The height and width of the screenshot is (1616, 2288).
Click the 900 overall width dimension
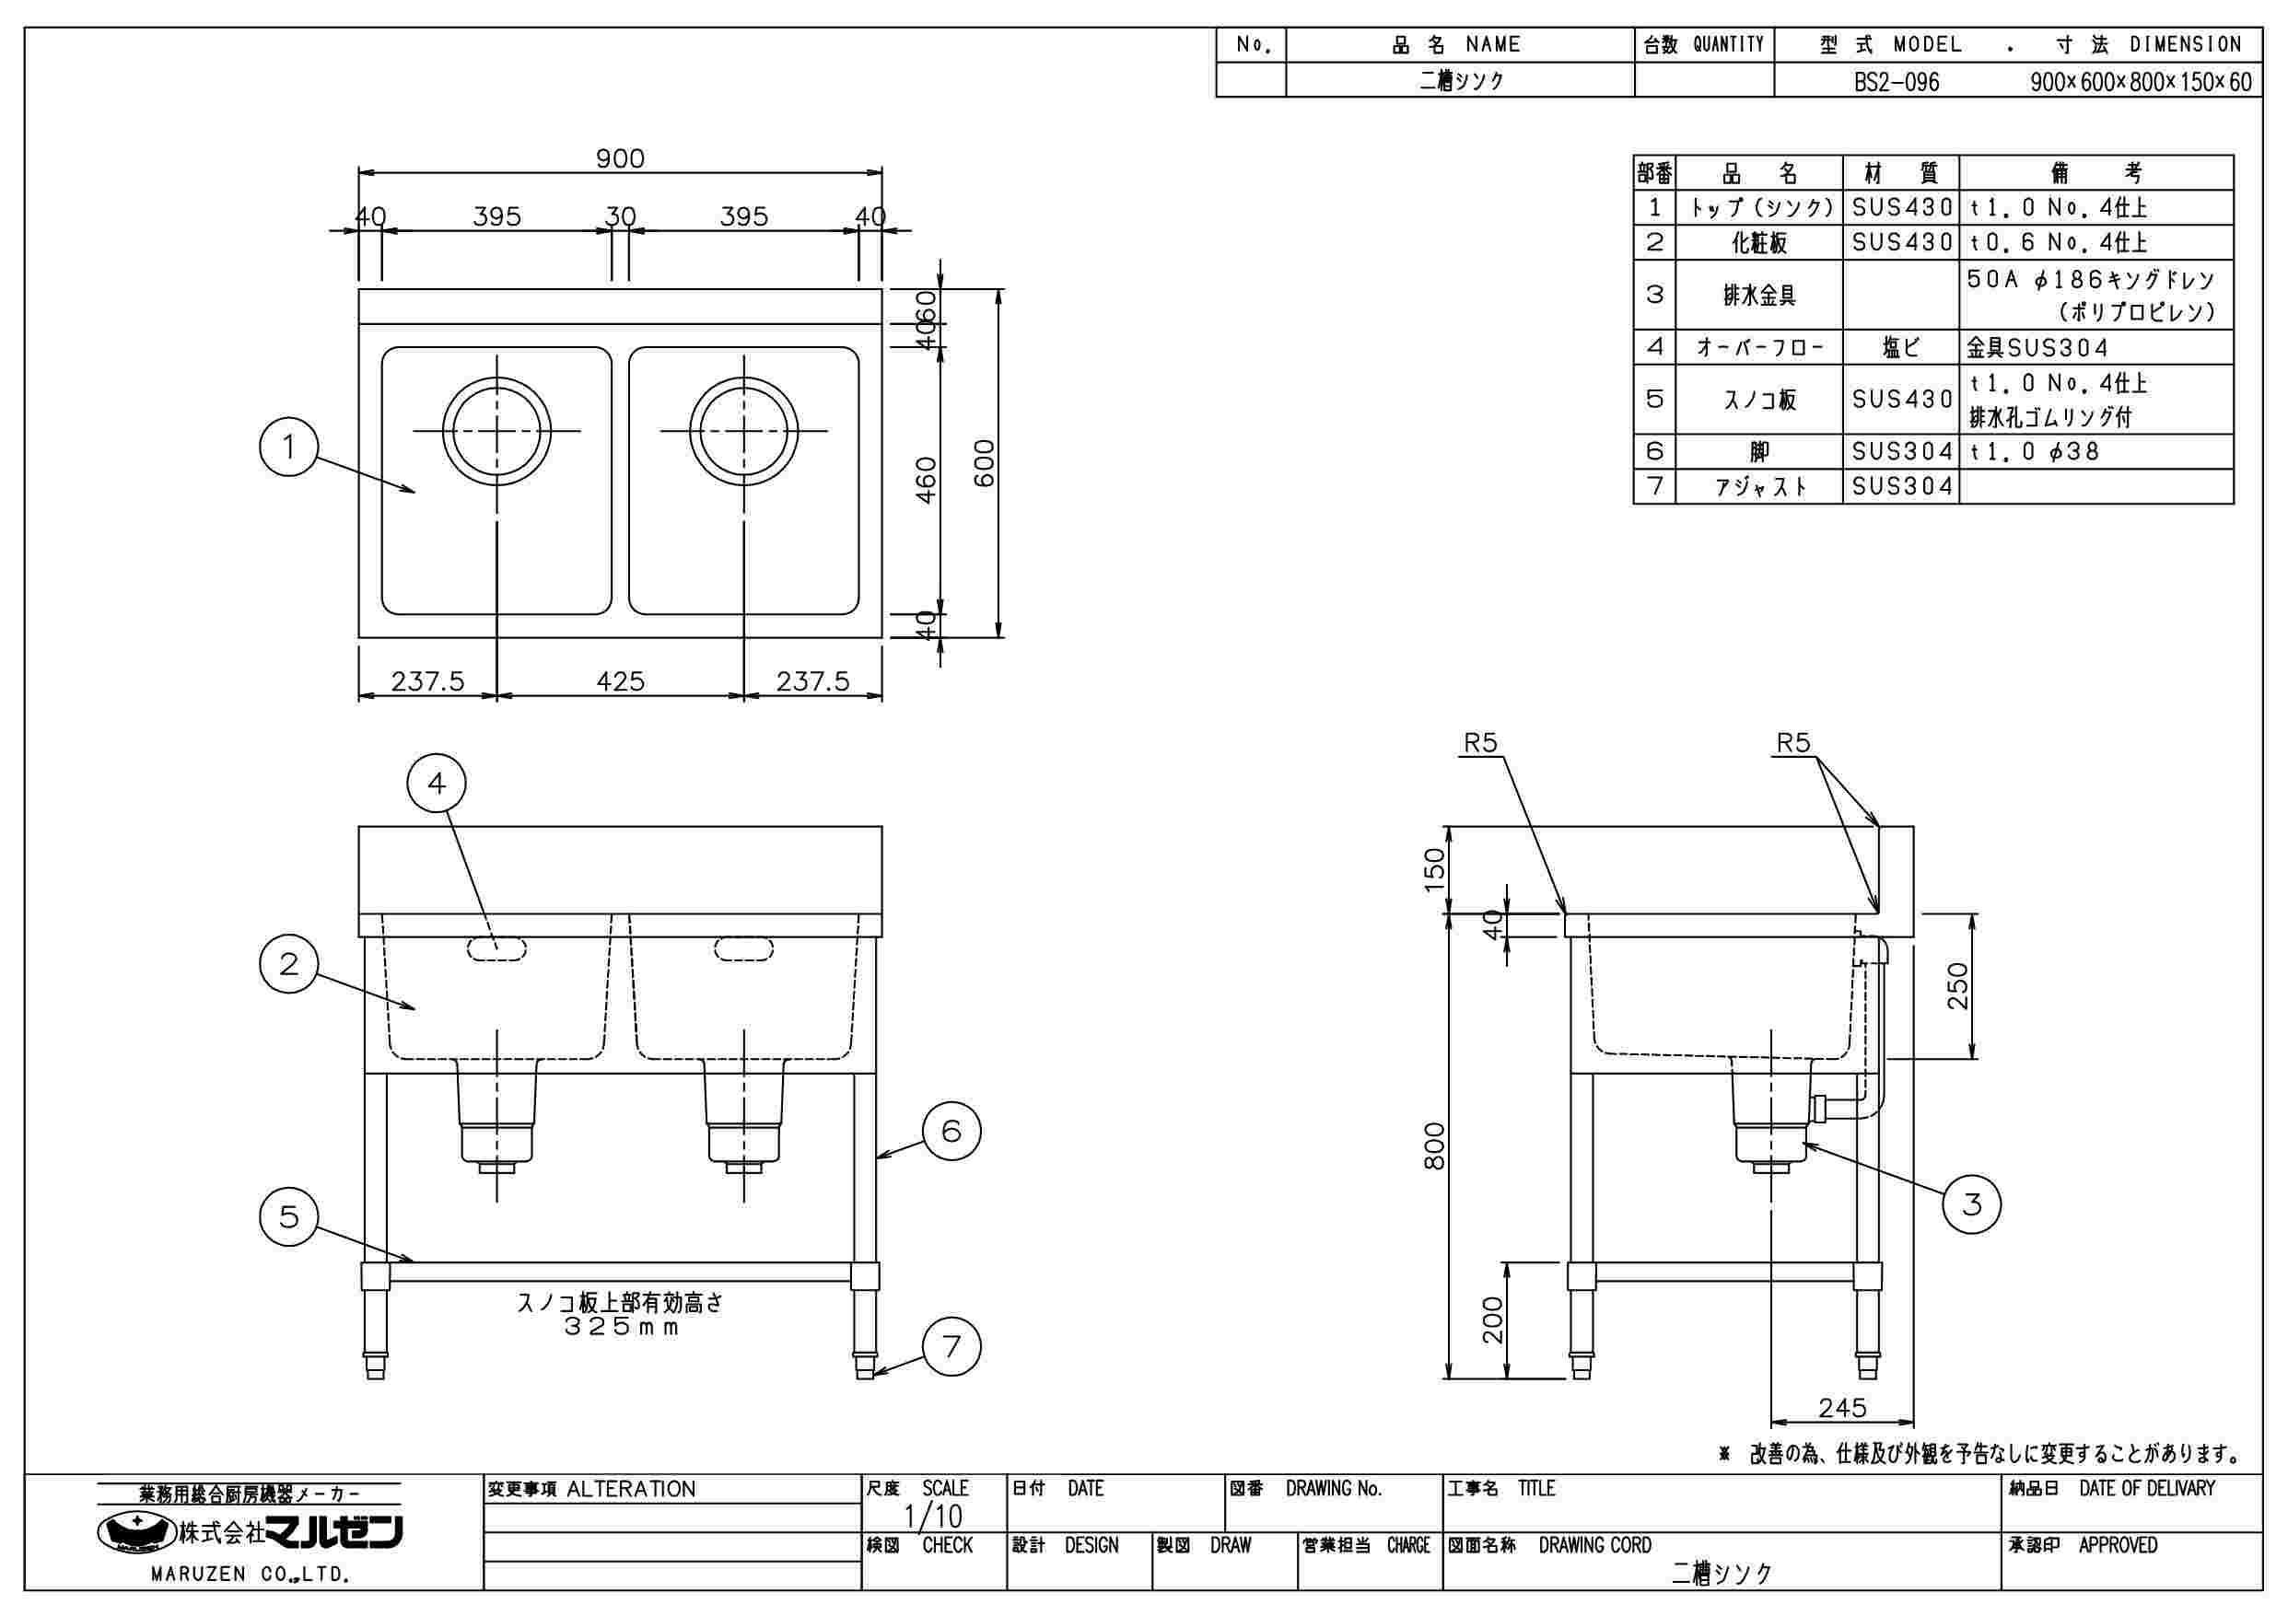pyautogui.click(x=620, y=158)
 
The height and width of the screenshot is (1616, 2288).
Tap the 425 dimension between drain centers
pyautogui.click(x=620, y=681)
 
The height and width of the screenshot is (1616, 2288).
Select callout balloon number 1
pyautogui.click(x=289, y=448)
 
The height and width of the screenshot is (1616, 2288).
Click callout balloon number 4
pyautogui.click(x=437, y=785)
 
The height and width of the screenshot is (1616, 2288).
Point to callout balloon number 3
pyautogui.click(x=1972, y=1204)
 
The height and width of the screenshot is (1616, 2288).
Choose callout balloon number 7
pyautogui.click(x=951, y=1347)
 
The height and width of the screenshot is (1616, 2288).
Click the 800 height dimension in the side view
pyautogui.click(x=1434, y=1145)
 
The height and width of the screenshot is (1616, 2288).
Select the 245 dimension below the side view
pyautogui.click(x=1841, y=1408)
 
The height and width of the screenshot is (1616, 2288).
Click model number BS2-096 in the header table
pyautogui.click(x=1897, y=82)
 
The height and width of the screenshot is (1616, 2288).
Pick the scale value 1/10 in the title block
pyautogui.click(x=933, y=1517)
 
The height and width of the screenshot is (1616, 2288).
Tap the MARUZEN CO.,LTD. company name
pyautogui.click(x=249, y=1575)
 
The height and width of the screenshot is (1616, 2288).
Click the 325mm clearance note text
pyautogui.click(x=620, y=1327)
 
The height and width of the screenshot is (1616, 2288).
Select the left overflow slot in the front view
pyautogui.click(x=496, y=948)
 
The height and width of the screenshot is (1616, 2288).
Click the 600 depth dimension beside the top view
pyautogui.click(x=985, y=463)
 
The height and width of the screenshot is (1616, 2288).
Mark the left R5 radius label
pyautogui.click(x=1480, y=743)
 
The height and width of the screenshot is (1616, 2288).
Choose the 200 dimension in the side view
pyautogui.click(x=1492, y=1320)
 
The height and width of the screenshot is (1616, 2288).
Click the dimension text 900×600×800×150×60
pyautogui.click(x=2141, y=82)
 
